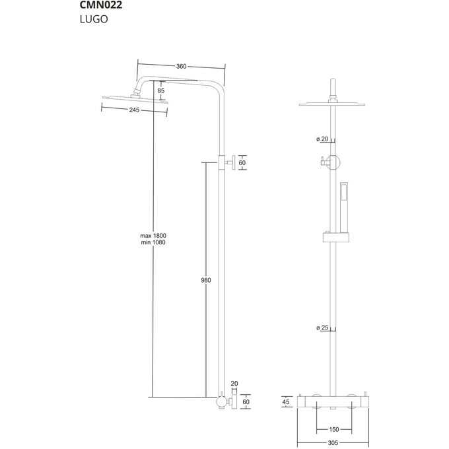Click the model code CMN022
pyautogui.click(x=101, y=6)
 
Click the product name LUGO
pyautogui.click(x=94, y=20)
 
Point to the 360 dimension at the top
pyautogui.click(x=181, y=66)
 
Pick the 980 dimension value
pyautogui.click(x=205, y=281)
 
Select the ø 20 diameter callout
pyautogui.click(x=323, y=139)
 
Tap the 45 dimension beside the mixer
pyautogui.click(x=285, y=401)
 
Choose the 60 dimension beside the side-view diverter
pyautogui.click(x=242, y=162)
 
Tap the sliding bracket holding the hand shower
pyautogui.click(x=335, y=236)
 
